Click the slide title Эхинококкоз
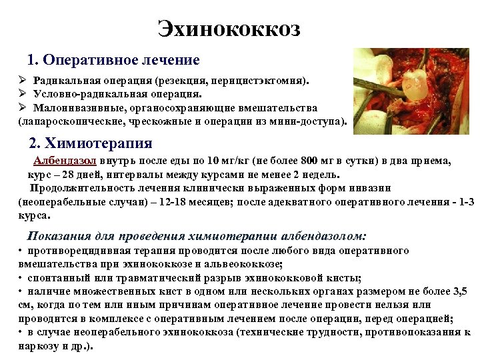tap(229, 29)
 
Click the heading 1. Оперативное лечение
tap(113, 60)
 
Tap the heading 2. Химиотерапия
tap(91, 143)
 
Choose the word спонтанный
tap(53, 278)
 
